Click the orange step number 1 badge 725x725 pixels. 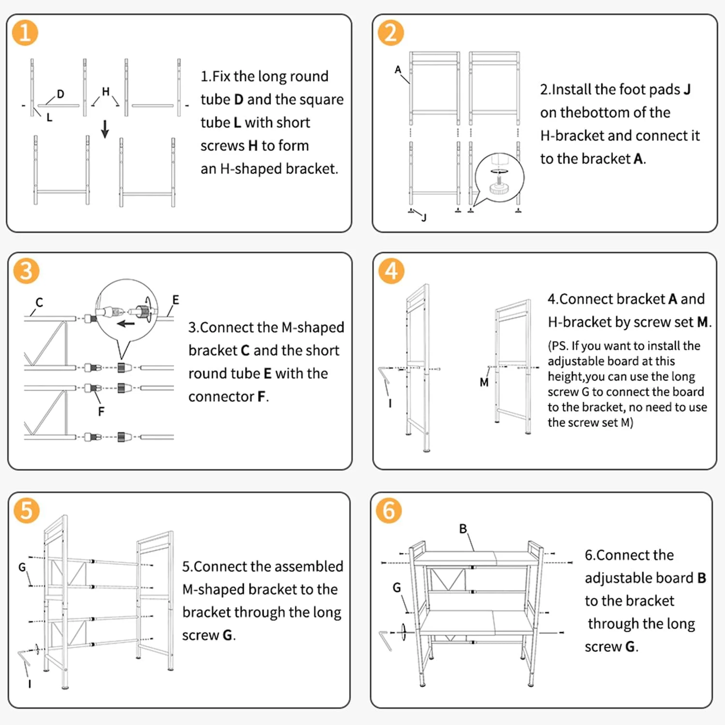25,33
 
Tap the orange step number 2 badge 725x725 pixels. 391,33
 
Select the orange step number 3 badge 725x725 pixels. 26,271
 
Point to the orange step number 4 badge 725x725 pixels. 391,271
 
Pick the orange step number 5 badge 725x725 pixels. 26,510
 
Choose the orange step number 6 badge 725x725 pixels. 389,510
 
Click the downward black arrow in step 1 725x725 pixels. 105,129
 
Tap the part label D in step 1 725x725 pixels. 60,94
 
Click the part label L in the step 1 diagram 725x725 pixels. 49,117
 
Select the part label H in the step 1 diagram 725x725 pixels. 106,91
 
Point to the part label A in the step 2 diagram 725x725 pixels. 398,70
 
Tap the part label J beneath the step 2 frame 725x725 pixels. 424,217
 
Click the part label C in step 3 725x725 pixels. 39,303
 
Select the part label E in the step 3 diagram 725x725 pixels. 175,300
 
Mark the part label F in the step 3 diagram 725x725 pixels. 101,411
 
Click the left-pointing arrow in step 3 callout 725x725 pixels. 126,323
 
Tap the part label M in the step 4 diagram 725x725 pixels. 484,382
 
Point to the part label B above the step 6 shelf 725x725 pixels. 463,529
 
